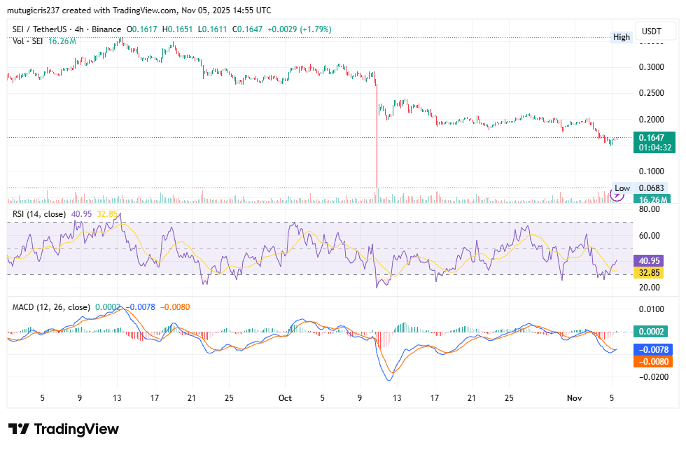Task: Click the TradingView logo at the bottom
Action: pos(64,429)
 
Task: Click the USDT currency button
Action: pos(652,32)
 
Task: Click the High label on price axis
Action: pos(621,36)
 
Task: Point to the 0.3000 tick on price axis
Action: pos(653,67)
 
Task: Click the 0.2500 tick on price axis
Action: pos(653,93)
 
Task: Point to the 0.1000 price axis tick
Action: pos(653,171)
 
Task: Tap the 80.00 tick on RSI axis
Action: pos(652,209)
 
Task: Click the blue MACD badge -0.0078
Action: pos(654,349)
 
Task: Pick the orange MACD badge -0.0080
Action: pos(654,361)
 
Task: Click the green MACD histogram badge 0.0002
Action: pos(654,332)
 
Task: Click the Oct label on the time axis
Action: pos(285,398)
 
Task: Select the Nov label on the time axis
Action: pos(574,398)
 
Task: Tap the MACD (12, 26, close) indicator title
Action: pos(50,307)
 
